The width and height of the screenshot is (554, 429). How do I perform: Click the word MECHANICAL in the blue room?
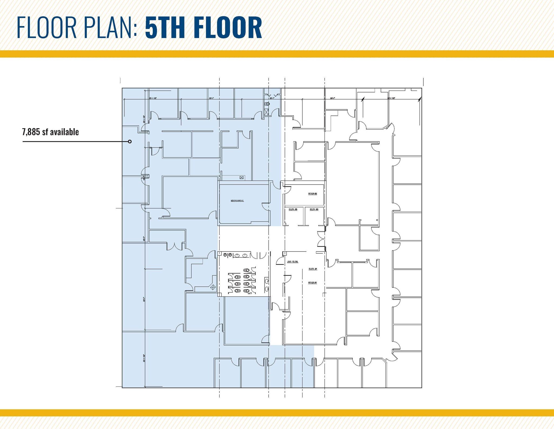tap(237, 201)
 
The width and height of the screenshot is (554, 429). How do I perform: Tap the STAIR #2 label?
tap(312, 194)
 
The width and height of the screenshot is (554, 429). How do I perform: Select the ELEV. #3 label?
tap(293, 209)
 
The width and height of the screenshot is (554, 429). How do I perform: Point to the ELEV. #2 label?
tap(314, 209)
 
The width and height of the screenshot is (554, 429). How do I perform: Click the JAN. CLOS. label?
tap(292, 262)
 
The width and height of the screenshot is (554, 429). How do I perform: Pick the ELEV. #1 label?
tap(313, 269)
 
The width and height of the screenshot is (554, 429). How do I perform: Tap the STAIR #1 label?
tap(312, 283)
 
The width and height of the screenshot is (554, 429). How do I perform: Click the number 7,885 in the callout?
tap(31, 132)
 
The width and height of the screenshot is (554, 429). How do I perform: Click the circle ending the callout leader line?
tap(130, 141)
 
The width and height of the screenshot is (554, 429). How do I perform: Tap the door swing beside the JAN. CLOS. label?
tap(280, 261)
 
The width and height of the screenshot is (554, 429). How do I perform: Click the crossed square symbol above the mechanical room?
tap(242, 178)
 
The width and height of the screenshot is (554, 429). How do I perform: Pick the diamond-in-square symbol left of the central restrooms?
tap(213, 287)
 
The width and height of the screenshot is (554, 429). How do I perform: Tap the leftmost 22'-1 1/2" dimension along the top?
tap(153, 98)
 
